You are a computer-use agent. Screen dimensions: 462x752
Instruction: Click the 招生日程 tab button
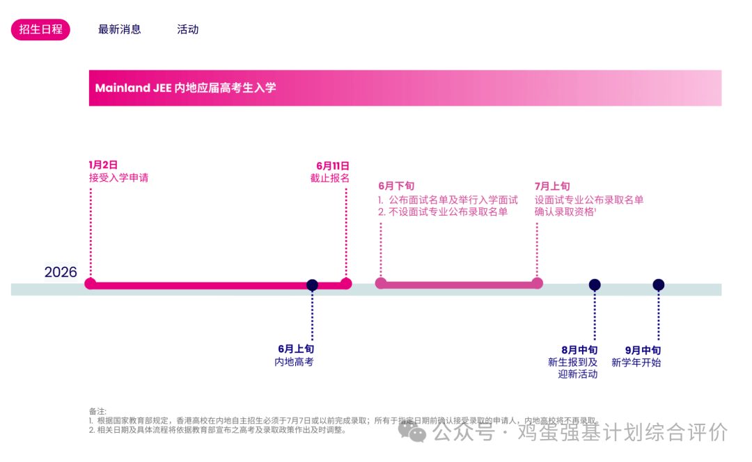click(x=40, y=29)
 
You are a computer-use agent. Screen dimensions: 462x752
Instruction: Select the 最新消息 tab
click(x=120, y=29)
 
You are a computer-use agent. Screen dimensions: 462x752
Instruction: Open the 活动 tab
click(x=188, y=29)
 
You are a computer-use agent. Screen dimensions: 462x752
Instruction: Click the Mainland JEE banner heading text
click(x=185, y=88)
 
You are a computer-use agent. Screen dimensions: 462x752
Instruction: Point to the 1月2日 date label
click(x=103, y=165)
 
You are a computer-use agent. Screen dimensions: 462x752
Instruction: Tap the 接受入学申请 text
click(x=118, y=177)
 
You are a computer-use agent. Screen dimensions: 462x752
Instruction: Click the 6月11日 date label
click(x=333, y=166)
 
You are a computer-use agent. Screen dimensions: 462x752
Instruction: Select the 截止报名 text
click(x=330, y=178)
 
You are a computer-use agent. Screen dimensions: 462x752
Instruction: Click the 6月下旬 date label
click(x=396, y=186)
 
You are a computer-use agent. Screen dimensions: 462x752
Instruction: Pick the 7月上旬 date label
click(x=552, y=186)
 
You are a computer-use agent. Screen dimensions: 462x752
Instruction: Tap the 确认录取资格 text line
click(x=565, y=212)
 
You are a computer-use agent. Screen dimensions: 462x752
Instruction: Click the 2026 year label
click(x=61, y=272)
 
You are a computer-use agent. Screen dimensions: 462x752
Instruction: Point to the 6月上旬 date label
click(x=296, y=349)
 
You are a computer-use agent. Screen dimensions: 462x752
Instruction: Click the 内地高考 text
click(x=294, y=362)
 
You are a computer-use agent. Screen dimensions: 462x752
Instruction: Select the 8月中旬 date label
click(x=579, y=350)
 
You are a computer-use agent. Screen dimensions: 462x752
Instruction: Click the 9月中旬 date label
click(x=643, y=350)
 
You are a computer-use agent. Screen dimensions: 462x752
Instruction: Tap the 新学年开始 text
click(x=636, y=363)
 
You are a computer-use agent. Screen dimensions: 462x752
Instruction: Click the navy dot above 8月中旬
click(x=595, y=285)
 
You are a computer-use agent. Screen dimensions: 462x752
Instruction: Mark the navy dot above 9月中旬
click(x=659, y=285)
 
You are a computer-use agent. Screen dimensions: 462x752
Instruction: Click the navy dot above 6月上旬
click(x=313, y=285)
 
